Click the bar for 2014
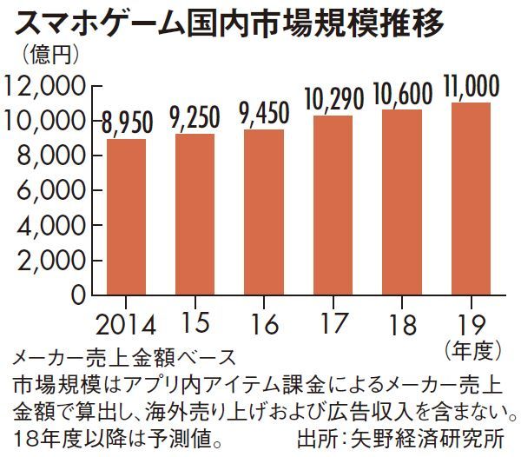pos(126,216)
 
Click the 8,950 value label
pos(126,123)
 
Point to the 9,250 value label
pos(195,117)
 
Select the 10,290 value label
pos(333,99)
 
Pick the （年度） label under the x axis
pos(473,352)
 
